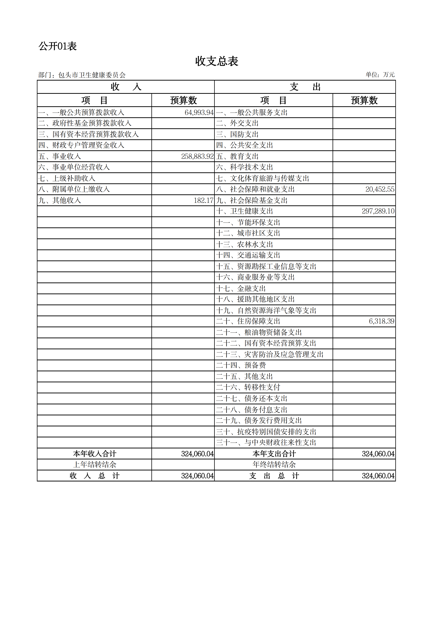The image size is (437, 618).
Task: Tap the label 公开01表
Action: (x=58, y=46)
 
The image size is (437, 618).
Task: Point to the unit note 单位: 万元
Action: (x=380, y=75)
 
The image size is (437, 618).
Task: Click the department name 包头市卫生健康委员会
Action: (x=92, y=75)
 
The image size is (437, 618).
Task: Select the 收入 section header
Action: (x=126, y=87)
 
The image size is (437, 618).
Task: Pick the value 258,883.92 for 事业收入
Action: (x=197, y=156)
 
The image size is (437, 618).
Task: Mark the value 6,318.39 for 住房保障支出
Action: (x=381, y=321)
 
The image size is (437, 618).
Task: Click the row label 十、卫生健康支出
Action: (x=244, y=211)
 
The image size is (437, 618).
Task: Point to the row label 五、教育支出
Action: (x=237, y=156)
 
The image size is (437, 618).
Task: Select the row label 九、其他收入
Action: (x=59, y=200)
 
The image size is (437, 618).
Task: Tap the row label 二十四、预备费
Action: (x=241, y=365)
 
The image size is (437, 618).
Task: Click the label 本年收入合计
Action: (x=95, y=454)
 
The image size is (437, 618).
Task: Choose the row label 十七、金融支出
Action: (x=241, y=289)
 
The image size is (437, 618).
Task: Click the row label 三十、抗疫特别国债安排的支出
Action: (x=266, y=432)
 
